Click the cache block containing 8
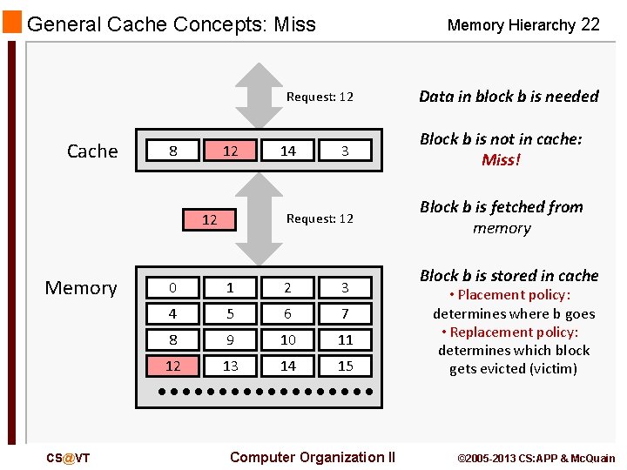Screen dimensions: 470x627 click(173, 151)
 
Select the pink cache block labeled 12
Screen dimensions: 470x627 click(230, 151)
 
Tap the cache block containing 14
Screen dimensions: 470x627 click(288, 151)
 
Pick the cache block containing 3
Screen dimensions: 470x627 click(345, 151)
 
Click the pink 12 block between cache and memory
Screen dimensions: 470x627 click(210, 219)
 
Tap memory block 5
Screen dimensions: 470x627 click(230, 313)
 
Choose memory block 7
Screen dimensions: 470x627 click(345, 313)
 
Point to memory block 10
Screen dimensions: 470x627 click(288, 339)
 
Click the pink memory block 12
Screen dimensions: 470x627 click(173, 366)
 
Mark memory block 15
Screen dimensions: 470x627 click(345, 366)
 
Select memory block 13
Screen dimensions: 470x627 click(230, 366)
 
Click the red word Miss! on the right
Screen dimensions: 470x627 click(501, 160)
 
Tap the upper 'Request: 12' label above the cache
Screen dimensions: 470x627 click(320, 97)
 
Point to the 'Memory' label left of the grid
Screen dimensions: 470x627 click(81, 287)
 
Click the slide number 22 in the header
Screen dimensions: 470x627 click(590, 24)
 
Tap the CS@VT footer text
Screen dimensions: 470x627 click(69, 458)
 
